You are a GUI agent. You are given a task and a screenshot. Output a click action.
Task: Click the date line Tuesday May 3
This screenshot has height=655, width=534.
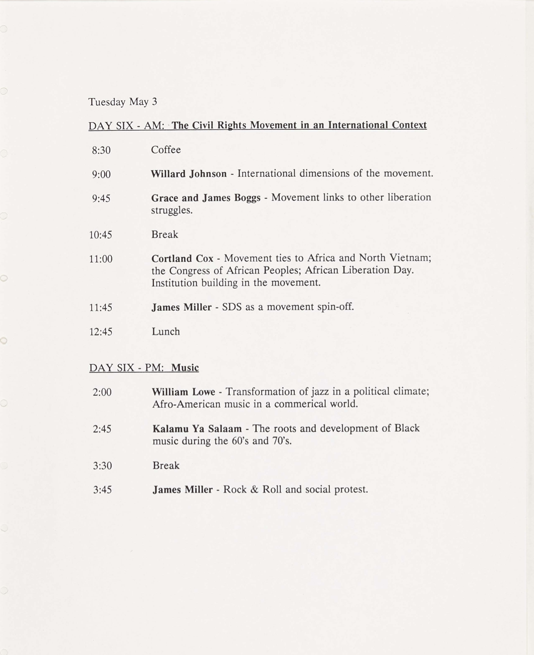coord(123,102)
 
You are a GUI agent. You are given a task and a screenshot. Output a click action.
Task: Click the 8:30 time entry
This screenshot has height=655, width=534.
coord(101,150)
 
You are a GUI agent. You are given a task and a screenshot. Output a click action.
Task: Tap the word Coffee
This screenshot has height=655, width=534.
coord(166,150)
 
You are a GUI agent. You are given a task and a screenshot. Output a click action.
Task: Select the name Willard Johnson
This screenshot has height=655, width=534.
coord(189,174)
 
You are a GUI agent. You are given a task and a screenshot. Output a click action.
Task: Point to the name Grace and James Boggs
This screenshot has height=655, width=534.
coord(206,198)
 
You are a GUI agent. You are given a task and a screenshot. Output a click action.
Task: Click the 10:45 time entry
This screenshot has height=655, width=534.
coord(101,235)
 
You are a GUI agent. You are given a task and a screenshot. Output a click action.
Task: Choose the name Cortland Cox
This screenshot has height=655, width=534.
coord(183,259)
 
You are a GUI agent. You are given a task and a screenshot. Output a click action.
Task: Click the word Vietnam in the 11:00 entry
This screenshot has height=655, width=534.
coord(408,258)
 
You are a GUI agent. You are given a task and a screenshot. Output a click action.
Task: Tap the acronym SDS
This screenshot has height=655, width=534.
coord(232,307)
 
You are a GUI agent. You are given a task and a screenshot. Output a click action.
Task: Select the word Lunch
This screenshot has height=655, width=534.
coord(166,332)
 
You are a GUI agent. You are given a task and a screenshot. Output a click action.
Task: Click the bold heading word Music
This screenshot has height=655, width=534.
coord(185,368)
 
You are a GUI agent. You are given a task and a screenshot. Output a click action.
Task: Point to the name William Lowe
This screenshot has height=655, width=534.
coord(184,392)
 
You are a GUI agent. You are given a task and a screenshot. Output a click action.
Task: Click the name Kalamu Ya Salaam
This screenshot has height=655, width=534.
coord(197,429)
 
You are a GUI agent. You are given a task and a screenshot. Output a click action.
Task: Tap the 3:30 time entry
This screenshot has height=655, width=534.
coord(102,466)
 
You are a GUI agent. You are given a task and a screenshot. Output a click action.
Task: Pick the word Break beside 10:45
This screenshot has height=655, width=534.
coord(165,235)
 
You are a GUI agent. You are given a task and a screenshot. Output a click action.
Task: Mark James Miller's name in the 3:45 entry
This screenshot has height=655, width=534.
coord(183,490)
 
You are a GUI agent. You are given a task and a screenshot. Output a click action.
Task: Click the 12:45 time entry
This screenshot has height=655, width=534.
coord(101,332)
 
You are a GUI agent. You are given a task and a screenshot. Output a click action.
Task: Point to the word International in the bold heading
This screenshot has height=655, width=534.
coord(357,125)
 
